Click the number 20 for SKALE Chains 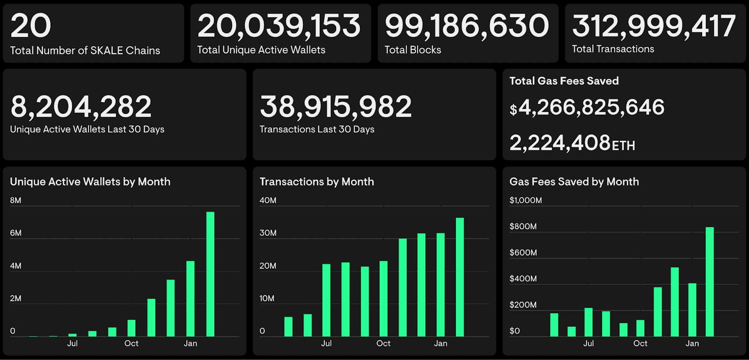point(31,26)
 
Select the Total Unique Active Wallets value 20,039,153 point(279,26)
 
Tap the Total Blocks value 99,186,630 point(466,26)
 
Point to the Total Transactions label point(613,49)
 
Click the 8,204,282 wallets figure point(81,107)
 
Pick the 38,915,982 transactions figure point(336,107)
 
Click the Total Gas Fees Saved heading point(564,81)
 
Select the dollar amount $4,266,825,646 point(587,108)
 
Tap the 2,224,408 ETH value point(572,143)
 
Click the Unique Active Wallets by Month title point(90,182)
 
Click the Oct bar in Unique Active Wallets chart point(132,328)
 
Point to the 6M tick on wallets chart point(15,233)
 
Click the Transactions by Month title point(316,182)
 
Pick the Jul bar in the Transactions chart point(326,300)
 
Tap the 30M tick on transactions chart point(268,233)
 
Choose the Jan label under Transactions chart point(441,344)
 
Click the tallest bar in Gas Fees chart point(710,282)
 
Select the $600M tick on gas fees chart point(523,253)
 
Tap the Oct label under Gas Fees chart point(640,344)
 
